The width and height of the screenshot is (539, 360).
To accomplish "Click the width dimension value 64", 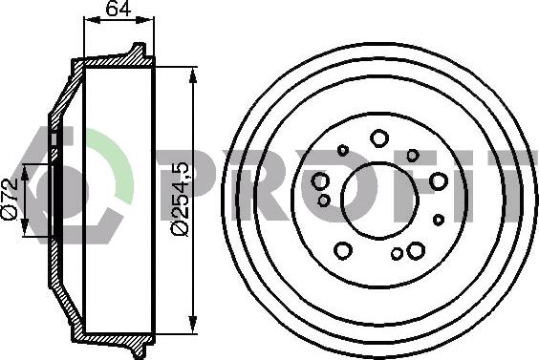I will click(119, 11).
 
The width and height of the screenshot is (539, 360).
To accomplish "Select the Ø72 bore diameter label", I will click(11, 199).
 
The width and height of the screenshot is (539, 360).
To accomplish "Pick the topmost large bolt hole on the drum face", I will click(379, 138).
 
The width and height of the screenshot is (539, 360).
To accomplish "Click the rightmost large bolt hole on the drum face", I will click(439, 181).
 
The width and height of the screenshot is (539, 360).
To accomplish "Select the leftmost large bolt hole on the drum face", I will click(320, 181).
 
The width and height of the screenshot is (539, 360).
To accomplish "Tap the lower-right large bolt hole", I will click(416, 250).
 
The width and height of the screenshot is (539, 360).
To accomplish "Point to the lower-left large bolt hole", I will click(342, 251).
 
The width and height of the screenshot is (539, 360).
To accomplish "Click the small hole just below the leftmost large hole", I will click(324, 201).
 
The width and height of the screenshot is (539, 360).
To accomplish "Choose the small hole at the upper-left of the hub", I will click(343, 150).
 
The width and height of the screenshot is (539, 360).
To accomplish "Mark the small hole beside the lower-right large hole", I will click(397, 254).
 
